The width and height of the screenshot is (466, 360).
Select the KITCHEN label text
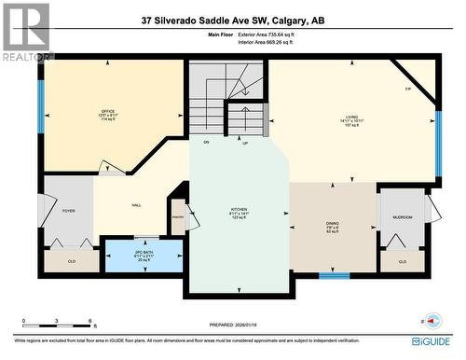point(240,209)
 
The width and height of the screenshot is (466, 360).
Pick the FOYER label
point(68,211)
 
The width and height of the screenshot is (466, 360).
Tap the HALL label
point(136,205)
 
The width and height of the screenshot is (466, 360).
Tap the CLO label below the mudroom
point(402,261)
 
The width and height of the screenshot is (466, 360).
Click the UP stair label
point(244,144)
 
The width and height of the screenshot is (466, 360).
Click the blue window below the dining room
point(334,276)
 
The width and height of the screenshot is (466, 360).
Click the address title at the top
point(233,20)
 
